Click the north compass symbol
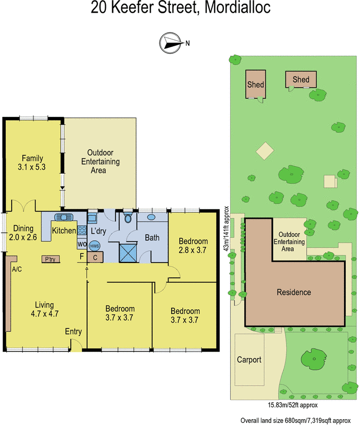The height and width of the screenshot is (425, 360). [171, 42]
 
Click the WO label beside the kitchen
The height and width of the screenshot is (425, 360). [82, 244]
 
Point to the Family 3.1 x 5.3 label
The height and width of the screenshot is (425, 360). [32, 163]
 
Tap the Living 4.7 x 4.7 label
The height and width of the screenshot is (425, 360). [45, 309]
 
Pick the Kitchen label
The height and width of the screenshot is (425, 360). [64, 231]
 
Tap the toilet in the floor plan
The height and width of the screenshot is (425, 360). [128, 217]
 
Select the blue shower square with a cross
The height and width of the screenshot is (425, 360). [128, 252]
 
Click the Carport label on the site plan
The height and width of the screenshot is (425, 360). [249, 360]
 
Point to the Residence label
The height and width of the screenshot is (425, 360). [294, 292]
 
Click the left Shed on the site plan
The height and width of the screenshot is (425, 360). [256, 84]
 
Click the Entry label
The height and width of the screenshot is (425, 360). [73, 331]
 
